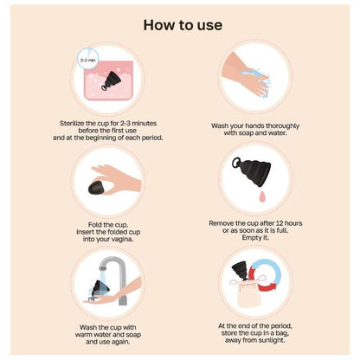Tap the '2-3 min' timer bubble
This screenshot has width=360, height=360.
click(x=87, y=61)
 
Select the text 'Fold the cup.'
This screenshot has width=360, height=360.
click(x=108, y=223)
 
